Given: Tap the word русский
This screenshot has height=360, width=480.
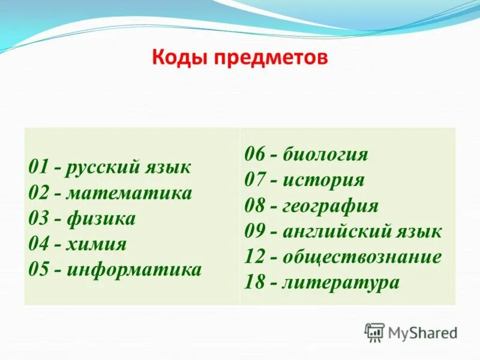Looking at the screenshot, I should [x=102, y=167].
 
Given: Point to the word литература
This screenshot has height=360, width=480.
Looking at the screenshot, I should [x=340, y=282].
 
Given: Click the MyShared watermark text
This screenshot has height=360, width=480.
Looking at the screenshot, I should [x=422, y=332].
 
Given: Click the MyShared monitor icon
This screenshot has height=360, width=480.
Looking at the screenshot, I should [x=374, y=332].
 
